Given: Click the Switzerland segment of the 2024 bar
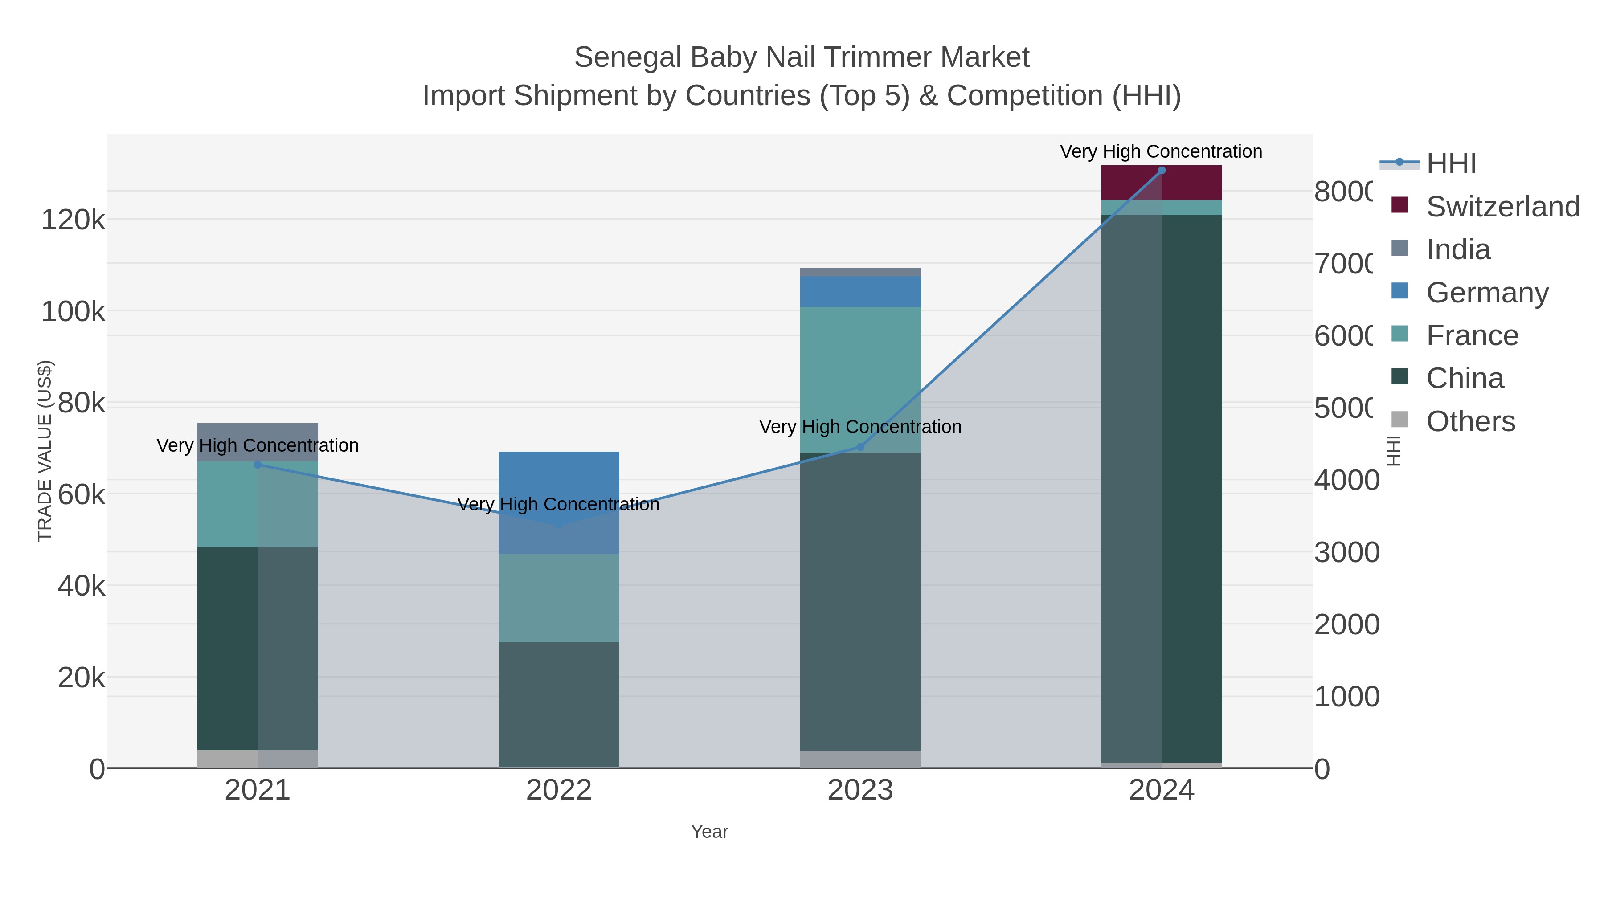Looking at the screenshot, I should coord(1161,183).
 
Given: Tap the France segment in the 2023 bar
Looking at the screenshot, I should coord(860,379).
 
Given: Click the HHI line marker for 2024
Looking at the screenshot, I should coord(1161,171).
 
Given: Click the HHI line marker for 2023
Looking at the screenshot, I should coord(860,447).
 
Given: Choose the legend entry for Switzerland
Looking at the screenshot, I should coord(1502,207).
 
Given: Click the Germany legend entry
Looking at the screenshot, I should coord(1486,293).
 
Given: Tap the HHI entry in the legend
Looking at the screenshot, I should coord(1450,164).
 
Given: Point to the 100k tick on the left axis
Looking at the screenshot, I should coord(73,311).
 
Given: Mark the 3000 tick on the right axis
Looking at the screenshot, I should coord(1346,553).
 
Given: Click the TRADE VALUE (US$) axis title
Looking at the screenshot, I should coord(45,451).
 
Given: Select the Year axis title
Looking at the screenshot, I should coord(709,832).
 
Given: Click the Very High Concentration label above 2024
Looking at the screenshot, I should coord(1161,151).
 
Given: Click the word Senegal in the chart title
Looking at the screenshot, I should coord(628,57).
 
